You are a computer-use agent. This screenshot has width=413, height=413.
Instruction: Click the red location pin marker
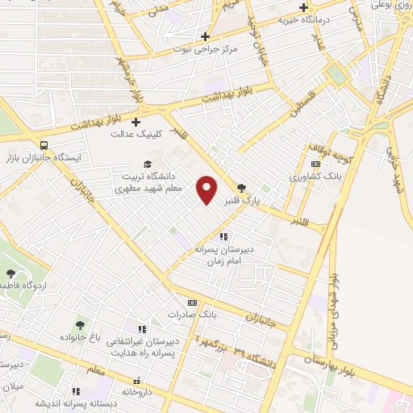coord(208,189)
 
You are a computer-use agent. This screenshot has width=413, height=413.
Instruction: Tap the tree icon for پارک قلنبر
coord(241,187)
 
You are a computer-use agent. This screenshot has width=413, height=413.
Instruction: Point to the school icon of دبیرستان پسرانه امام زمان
coord(223,236)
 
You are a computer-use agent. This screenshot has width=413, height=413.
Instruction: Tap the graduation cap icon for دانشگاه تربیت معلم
coord(147,164)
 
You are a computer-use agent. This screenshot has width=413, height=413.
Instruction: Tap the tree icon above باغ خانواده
coord(80,323)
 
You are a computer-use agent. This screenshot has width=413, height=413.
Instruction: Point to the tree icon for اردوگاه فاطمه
coord(9,275)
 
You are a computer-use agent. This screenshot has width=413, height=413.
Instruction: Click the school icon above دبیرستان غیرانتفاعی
coord(142,330)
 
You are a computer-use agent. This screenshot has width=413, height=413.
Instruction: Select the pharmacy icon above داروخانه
coord(137,380)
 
